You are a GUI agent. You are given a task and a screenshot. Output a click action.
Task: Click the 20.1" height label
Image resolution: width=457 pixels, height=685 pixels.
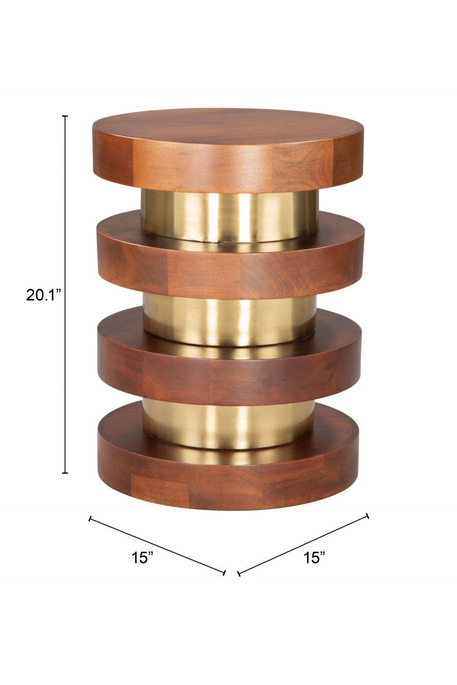43,295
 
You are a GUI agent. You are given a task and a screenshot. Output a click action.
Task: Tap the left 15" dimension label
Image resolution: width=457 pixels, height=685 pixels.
143,557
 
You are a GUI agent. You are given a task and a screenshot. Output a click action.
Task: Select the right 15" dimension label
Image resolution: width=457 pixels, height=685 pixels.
314,557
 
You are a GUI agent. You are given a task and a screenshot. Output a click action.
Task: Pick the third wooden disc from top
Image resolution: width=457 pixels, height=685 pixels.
228,374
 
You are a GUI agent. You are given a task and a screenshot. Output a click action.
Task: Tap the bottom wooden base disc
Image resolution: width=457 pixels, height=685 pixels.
228,484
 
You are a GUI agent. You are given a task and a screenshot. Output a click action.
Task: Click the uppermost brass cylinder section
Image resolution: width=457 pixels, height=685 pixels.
228,215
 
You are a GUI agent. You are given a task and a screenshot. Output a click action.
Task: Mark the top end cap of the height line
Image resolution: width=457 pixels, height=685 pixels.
65,116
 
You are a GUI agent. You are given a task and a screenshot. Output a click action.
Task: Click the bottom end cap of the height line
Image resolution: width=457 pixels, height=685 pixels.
65,473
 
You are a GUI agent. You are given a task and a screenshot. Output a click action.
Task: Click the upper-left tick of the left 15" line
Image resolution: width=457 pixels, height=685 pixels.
90,518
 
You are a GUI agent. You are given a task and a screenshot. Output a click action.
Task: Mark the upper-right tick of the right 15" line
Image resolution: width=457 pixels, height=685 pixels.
367,516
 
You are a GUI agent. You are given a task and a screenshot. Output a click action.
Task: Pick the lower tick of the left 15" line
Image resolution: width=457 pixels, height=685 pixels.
224,573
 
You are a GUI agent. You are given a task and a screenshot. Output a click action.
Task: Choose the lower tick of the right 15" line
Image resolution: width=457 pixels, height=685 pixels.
239,573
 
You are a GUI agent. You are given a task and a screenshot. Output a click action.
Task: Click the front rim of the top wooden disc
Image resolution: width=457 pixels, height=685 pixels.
228,169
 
